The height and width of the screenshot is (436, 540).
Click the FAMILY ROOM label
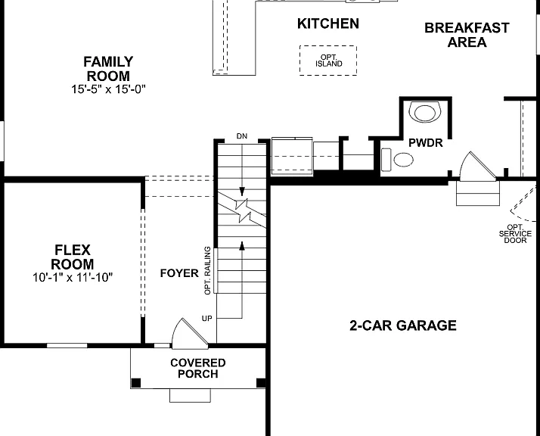[108, 69]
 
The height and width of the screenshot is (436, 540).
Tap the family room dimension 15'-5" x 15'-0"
[108, 89]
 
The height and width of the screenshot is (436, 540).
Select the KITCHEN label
[328, 23]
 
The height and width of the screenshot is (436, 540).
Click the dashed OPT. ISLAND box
[328, 61]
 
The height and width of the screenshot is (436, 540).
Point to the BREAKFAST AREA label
[467, 35]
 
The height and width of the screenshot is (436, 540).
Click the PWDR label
[425, 143]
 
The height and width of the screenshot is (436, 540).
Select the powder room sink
[425, 111]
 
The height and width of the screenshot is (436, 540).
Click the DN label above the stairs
[242, 136]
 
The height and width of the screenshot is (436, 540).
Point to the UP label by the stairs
[206, 319]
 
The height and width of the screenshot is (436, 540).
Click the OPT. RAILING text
[207, 270]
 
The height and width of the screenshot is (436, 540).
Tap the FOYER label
[179, 273]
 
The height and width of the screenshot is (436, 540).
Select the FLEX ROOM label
[73, 257]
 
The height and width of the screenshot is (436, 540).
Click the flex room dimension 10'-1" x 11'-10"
[73, 277]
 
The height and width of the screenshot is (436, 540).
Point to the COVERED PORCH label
[198, 368]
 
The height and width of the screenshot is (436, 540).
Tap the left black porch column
[136, 383]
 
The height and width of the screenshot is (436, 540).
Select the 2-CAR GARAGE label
[403, 325]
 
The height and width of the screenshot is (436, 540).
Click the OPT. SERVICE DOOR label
[515, 234]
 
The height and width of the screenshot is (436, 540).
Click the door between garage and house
[477, 167]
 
